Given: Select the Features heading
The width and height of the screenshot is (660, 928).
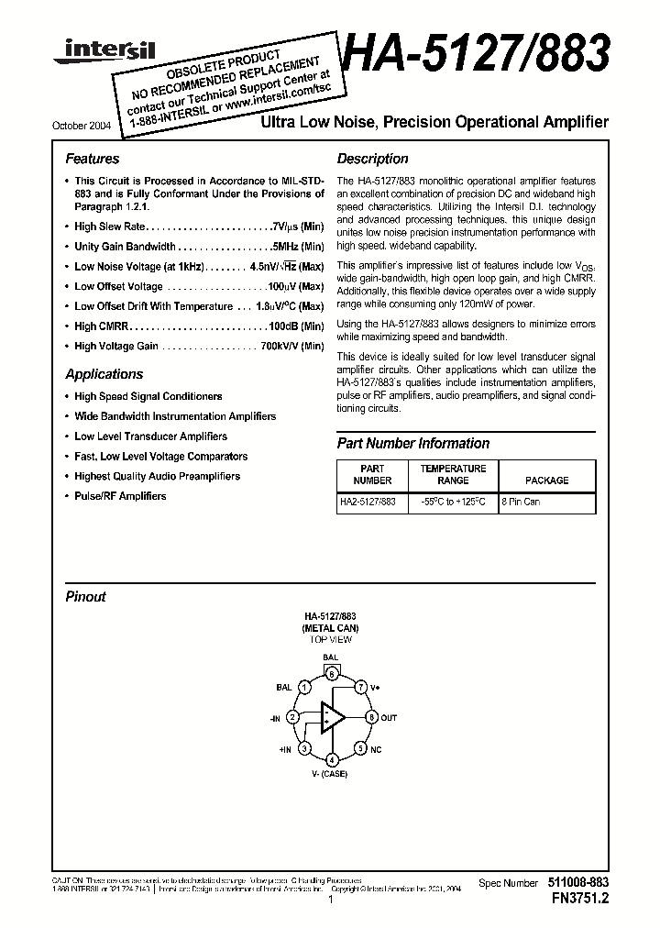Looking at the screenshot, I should point(93,159).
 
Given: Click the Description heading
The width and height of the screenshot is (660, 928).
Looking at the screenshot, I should point(372,159).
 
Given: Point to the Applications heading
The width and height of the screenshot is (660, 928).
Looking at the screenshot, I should point(104,374).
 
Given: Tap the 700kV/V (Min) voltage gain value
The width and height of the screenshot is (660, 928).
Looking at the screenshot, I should point(292,347).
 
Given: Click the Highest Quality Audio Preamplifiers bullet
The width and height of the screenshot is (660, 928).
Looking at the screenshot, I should point(157,476).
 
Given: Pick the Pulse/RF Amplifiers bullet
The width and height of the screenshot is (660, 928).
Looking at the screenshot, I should point(120,496).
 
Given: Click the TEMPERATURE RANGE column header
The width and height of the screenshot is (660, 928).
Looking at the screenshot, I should point(453,474).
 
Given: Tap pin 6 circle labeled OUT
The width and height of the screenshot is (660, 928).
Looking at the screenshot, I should point(371,717).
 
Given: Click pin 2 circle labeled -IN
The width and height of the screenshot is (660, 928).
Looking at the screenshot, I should point(292,717).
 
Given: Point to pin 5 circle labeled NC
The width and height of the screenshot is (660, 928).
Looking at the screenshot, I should point(362,748).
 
